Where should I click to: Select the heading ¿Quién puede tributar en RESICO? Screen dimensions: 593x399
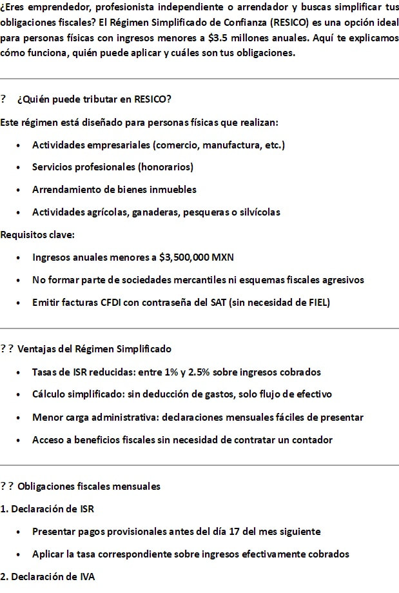pos(94,99)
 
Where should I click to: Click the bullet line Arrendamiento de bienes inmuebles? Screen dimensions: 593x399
pos(114,190)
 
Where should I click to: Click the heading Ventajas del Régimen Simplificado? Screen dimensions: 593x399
pos(94,349)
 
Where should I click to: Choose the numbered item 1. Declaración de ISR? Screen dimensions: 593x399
pos(47,509)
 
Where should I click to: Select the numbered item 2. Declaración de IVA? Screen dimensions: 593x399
pos(48,577)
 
